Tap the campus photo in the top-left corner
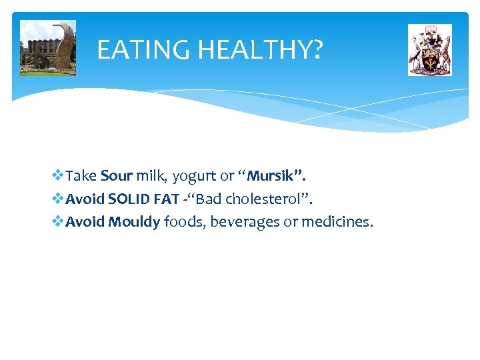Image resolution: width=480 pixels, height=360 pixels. pos(48,47)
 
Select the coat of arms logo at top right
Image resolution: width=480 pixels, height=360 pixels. pos(429,50)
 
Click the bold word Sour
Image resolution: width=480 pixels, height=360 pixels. pos(117,176)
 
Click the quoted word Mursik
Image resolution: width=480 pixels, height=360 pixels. pos(276,176)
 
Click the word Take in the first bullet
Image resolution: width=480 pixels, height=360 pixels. pos(81,176)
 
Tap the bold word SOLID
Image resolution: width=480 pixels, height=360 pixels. pos(129,199)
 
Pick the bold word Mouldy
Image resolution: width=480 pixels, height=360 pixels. pos(134,221)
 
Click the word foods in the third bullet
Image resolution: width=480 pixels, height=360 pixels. pos(185,221)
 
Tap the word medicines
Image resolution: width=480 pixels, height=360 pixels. pos(337,221)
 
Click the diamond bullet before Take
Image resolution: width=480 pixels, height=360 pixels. pos(57,176)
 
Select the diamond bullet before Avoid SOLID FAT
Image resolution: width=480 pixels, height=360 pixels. pos(57,199)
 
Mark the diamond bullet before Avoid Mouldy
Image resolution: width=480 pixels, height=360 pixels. pos(57,221)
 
